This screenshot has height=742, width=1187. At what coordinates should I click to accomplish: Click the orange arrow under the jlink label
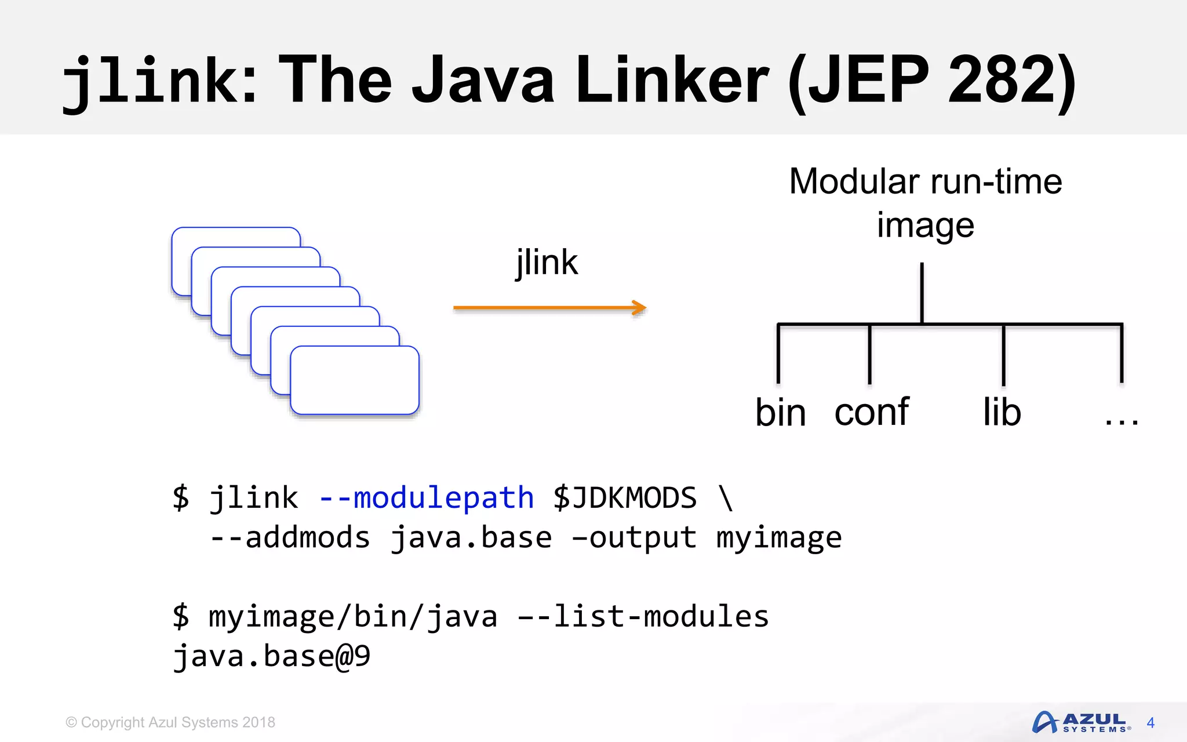click(549, 308)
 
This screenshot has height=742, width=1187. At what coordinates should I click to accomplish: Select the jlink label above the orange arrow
click(547, 263)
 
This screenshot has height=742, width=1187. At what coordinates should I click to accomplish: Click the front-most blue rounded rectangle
click(354, 380)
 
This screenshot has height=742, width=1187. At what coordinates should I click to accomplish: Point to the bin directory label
click(780, 413)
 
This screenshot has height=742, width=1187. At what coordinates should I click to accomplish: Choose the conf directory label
click(871, 413)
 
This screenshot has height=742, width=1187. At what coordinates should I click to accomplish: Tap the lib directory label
click(1002, 413)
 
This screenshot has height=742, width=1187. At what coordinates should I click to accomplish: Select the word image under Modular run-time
click(925, 225)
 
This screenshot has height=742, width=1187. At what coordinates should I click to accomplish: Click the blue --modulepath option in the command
click(426, 498)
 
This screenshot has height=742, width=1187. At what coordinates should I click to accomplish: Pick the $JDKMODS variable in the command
click(625, 498)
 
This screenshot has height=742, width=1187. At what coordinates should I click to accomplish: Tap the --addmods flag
click(290, 537)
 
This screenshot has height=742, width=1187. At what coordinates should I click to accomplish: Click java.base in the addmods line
click(471, 537)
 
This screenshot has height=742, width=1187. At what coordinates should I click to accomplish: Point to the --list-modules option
click(643, 616)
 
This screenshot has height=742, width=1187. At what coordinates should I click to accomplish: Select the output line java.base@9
click(271, 656)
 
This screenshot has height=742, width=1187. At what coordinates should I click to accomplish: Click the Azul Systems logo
click(1081, 722)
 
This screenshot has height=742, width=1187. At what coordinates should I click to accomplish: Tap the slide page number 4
click(1150, 723)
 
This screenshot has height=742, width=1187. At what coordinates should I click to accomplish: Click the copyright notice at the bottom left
click(170, 722)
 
